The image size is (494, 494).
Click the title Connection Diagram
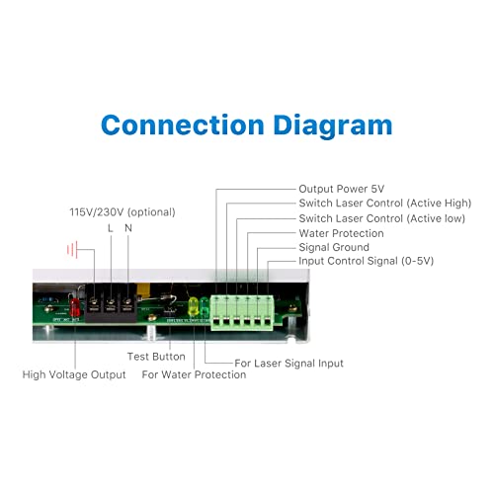click(x=247, y=125)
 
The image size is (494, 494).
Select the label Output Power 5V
click(x=342, y=189)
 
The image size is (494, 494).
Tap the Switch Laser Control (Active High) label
click(x=385, y=204)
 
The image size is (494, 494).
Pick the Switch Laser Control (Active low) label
click(x=382, y=218)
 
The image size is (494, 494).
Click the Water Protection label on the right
click(x=341, y=233)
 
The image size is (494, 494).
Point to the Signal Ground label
click(x=334, y=247)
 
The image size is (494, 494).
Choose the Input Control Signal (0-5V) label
click(x=367, y=261)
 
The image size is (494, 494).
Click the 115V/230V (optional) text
click(x=123, y=212)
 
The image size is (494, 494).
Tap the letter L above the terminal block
click(x=111, y=228)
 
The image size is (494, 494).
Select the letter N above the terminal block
click(x=128, y=228)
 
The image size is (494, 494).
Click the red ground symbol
click(x=72, y=250)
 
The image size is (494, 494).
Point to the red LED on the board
click(x=75, y=306)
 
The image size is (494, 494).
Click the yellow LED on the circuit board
click(x=193, y=306)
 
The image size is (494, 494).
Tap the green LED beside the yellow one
click(x=205, y=306)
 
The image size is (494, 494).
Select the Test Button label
click(x=156, y=357)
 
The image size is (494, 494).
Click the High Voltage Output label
click(x=74, y=374)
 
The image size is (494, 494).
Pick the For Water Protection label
click(x=194, y=374)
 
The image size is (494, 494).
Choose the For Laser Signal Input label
click(x=288, y=364)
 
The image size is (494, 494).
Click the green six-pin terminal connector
click(x=242, y=313)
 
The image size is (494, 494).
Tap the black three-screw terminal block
click(x=111, y=303)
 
